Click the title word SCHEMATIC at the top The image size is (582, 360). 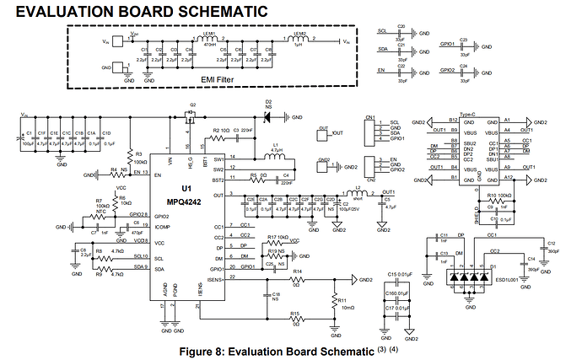coord(207,11)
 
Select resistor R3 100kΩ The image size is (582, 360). coord(128,157)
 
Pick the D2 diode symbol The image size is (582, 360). coord(267,117)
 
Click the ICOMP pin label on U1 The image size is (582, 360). coord(163,228)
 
